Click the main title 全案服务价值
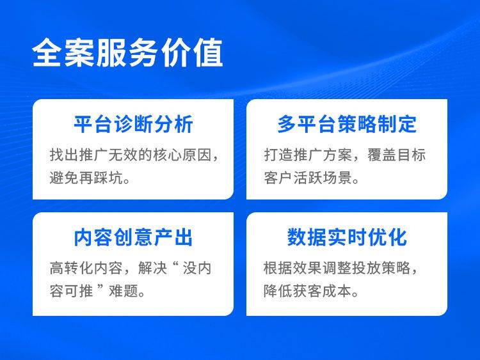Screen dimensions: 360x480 [127, 54]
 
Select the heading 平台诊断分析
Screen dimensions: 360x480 [133, 124]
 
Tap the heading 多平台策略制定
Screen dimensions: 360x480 [347, 124]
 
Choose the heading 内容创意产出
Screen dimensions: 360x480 [133, 237]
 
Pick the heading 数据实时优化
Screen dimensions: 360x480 [347, 237]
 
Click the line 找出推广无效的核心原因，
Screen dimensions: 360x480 [134, 155]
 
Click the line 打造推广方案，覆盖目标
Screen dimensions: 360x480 [344, 155]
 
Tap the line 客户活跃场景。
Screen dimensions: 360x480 [312, 178]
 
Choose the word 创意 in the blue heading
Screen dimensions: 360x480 [133, 237]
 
